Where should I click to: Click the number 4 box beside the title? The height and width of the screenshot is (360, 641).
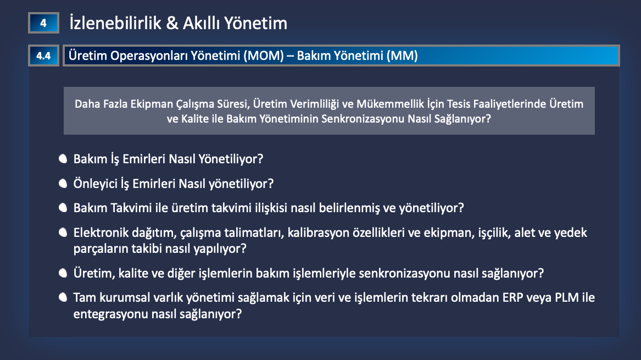click(43, 23)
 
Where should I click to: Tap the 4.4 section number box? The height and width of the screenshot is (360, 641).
click(43, 56)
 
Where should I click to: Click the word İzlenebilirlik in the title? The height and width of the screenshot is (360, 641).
click(116, 23)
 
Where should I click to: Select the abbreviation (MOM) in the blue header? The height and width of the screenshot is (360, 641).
click(264, 56)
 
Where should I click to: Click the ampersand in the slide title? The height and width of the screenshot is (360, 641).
click(172, 23)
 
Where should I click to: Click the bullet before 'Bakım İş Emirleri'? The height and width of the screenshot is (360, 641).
click(63, 159)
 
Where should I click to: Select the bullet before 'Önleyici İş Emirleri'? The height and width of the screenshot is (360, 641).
click(63, 183)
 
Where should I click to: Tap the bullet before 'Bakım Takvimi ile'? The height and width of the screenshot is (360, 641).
click(63, 208)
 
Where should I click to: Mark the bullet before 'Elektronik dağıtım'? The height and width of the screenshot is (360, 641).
click(63, 232)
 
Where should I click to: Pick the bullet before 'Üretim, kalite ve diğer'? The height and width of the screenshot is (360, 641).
click(63, 273)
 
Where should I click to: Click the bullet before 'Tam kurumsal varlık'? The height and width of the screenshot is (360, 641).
click(63, 297)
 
